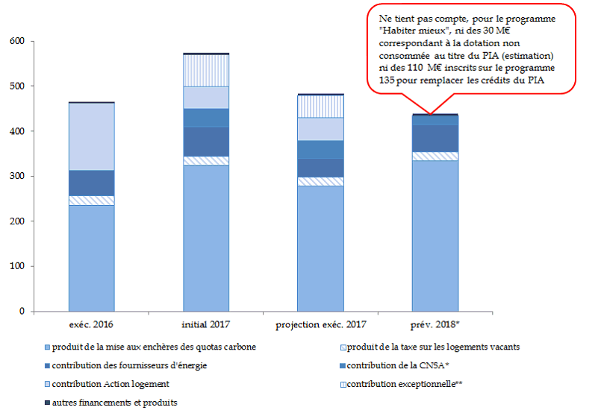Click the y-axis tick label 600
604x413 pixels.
(x=16, y=42)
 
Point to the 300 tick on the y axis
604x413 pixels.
(x=16, y=177)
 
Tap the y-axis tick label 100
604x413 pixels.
(x=16, y=266)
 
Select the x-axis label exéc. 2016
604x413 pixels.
(x=91, y=326)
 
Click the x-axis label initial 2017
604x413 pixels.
(x=206, y=326)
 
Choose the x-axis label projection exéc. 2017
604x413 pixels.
(x=320, y=326)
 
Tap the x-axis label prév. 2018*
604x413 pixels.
(x=435, y=326)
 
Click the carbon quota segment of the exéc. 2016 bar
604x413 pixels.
(x=91, y=258)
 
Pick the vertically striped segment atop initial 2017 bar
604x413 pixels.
(x=206, y=70)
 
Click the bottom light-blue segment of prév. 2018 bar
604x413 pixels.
(x=435, y=236)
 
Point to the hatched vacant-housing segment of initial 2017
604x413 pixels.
(x=206, y=160)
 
